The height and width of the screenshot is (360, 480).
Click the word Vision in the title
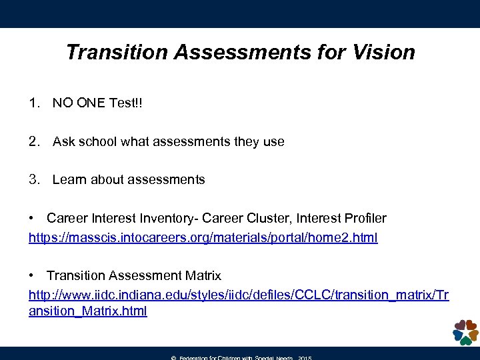pyautogui.click(x=383, y=52)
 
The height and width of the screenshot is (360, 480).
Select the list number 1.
pyautogui.click(x=33, y=103)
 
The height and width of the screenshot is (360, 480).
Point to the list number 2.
pyautogui.click(x=33, y=141)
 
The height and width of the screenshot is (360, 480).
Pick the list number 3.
pyautogui.click(x=33, y=179)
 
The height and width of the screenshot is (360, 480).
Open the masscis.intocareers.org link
pyautogui.click(x=203, y=237)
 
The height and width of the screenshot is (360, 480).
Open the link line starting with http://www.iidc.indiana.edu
pyautogui.click(x=239, y=295)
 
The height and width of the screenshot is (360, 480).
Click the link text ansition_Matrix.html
pyautogui.click(x=88, y=311)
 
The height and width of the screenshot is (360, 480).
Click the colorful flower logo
pyautogui.click(x=465, y=331)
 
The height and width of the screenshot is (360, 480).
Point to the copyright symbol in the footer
pyautogui.click(x=173, y=358)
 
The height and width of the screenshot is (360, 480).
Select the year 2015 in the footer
pyautogui.click(x=305, y=358)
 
